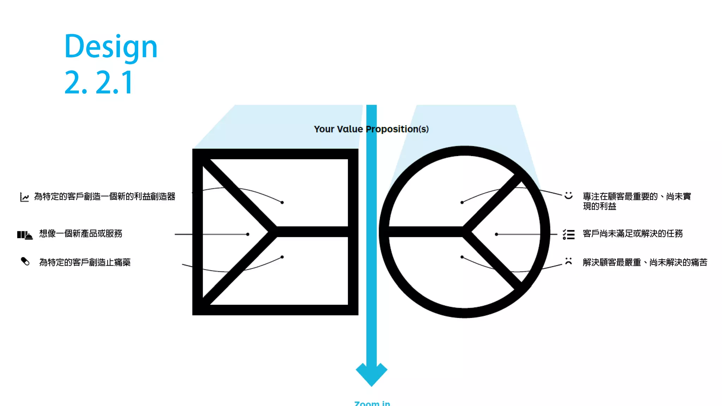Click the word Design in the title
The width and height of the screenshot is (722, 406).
pyautogui.click(x=111, y=47)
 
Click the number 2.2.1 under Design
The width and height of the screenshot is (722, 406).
pyautogui.click(x=99, y=82)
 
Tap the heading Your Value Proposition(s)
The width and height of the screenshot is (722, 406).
pyautogui.click(x=371, y=129)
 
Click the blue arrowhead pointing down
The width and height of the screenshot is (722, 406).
pyautogui.click(x=372, y=374)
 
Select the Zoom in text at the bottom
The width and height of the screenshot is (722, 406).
pyautogui.click(x=372, y=403)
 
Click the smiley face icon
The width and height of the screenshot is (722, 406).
pyautogui.click(x=568, y=195)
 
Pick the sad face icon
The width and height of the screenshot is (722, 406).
pyautogui.click(x=568, y=261)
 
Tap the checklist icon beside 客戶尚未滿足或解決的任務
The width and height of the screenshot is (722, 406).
pyautogui.click(x=568, y=234)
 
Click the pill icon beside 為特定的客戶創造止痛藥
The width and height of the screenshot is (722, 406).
pyautogui.click(x=25, y=262)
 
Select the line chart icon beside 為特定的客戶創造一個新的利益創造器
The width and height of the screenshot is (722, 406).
pyautogui.click(x=24, y=197)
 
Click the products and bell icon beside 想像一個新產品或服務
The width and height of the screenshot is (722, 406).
pyautogui.click(x=25, y=235)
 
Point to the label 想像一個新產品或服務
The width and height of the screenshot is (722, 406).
pyautogui.click(x=81, y=234)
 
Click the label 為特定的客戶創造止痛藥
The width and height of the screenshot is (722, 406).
pyautogui.click(x=85, y=262)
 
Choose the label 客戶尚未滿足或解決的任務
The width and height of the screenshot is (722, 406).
pyautogui.click(x=632, y=234)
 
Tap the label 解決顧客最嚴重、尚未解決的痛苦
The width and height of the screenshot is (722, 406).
pyautogui.click(x=645, y=262)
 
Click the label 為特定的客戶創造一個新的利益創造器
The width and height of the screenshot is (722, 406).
pyautogui.click(x=105, y=197)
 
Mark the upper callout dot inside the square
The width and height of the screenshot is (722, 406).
pyautogui.click(x=282, y=202)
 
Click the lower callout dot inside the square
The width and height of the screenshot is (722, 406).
pyautogui.click(x=282, y=257)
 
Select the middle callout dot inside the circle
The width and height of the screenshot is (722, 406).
pyautogui.click(x=496, y=234)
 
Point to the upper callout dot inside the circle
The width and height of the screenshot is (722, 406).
pyautogui.click(x=462, y=202)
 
